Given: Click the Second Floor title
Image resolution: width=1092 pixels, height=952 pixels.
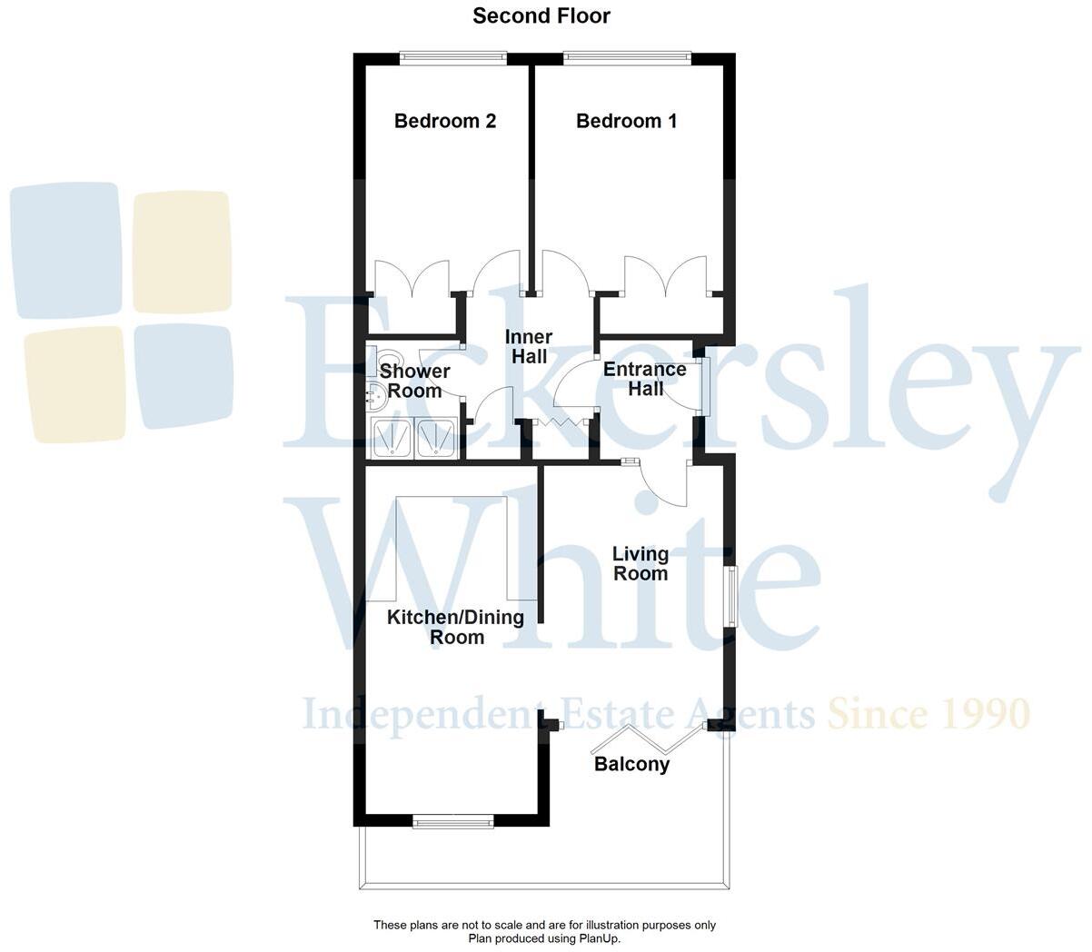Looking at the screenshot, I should click(541, 15).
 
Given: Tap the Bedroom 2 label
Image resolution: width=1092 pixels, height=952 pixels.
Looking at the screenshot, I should click(445, 121).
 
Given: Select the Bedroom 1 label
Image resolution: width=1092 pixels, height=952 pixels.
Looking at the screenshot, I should click(626, 121).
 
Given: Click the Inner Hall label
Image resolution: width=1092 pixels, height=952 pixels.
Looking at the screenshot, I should click(529, 347).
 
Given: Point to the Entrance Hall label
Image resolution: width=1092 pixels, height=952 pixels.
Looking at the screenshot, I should click(644, 379).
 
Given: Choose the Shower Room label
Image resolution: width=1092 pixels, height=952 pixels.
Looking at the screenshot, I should click(414, 382).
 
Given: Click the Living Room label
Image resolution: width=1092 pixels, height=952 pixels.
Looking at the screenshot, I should click(640, 563).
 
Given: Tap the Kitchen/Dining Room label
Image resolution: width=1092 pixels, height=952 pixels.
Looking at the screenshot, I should click(456, 627).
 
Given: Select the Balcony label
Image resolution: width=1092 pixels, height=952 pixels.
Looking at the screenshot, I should click(631, 764).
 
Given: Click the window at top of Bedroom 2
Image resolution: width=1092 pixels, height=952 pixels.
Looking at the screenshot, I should click(454, 59).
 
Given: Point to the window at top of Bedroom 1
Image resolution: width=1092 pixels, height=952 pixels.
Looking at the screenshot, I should click(627, 59).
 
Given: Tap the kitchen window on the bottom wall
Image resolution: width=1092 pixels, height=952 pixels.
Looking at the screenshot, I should click(452, 822).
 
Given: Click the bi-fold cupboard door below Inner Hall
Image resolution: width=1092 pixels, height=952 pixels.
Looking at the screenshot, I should click(560, 424).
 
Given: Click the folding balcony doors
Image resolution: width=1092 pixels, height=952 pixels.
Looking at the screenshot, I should click(648, 739).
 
